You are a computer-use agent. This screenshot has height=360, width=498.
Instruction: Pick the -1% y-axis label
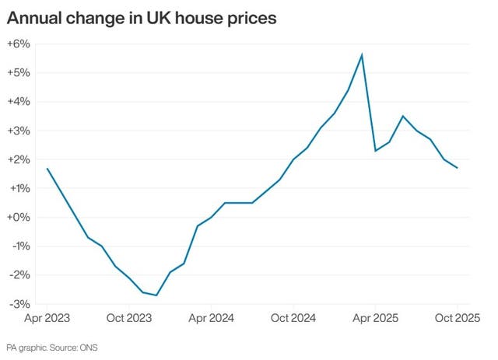[19, 246]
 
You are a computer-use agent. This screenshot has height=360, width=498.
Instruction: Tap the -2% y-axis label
[19, 274]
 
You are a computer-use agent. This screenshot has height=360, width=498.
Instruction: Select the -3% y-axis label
[19, 303]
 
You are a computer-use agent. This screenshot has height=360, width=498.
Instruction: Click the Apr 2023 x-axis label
[48, 318]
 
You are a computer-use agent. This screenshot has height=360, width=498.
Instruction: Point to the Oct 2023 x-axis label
[128, 318]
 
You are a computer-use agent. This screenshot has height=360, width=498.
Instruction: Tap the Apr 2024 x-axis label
[211, 318]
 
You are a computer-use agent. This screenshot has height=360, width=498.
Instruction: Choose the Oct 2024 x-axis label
[293, 318]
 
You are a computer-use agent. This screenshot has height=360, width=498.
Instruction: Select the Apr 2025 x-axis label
[375, 318]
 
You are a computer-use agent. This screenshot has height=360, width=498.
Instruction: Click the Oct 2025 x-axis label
[455, 318]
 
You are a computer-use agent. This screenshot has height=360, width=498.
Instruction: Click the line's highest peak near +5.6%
[362, 54]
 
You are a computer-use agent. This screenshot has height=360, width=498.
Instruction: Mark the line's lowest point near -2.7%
[156, 295]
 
